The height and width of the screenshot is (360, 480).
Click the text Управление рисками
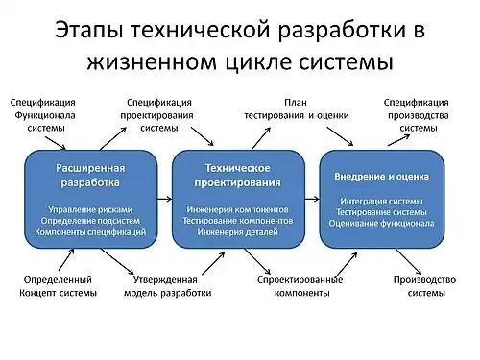coord(90,207)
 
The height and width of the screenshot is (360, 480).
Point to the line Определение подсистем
coord(90,220)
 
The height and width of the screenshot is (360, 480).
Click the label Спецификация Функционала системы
coord(42,114)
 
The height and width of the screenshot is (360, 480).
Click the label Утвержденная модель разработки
coord(166,286)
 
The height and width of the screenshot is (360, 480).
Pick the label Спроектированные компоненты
coord(300,286)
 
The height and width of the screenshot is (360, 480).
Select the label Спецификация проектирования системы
coord(158,114)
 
